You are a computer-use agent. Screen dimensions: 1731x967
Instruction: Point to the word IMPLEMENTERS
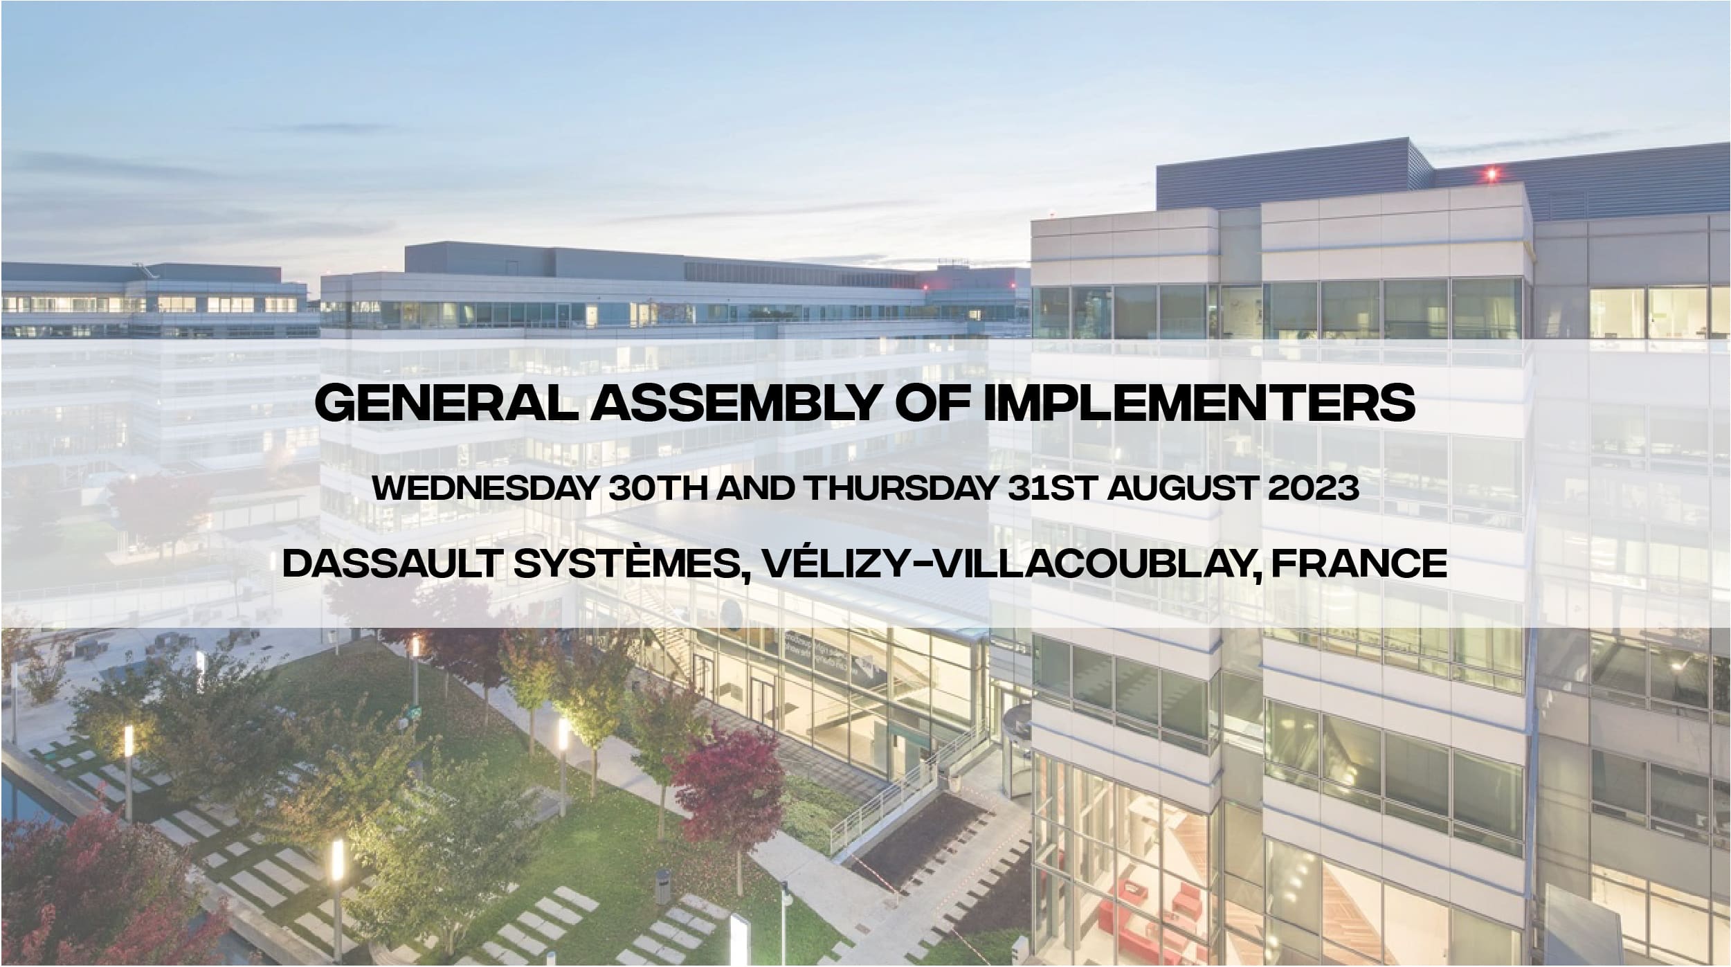[1199, 404]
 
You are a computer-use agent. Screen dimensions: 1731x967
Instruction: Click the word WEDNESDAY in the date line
[484, 489]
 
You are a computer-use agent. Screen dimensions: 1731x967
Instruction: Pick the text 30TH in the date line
[656, 489]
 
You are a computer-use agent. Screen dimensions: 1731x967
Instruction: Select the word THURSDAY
[903, 489]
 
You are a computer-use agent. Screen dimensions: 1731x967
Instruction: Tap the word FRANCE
[1359, 563]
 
